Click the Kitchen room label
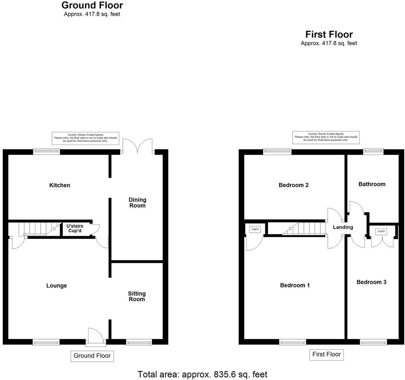pyautogui.click(x=59, y=185)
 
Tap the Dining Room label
pyautogui.click(x=137, y=203)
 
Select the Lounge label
pyautogui.click(x=57, y=286)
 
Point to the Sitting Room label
pyautogui.click(x=137, y=296)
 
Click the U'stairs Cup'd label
pyautogui.click(x=75, y=228)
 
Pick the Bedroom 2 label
pyautogui.click(x=293, y=185)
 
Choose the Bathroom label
pyautogui.click(x=372, y=184)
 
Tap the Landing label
pyautogui.click(x=343, y=227)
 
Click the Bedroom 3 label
pyautogui.click(x=371, y=282)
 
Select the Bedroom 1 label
pyautogui.click(x=295, y=285)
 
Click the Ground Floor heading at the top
pyautogui.click(x=92, y=5)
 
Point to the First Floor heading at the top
pyautogui.click(x=329, y=34)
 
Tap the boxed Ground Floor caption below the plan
pyautogui.click(x=92, y=356)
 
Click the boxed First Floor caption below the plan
pyautogui.click(x=326, y=354)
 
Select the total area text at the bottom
pyautogui.click(x=202, y=374)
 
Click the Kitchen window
pyautogui.click(x=46, y=152)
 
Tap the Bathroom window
pyautogui.click(x=373, y=152)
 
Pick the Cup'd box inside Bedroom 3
pyautogui.click(x=381, y=231)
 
